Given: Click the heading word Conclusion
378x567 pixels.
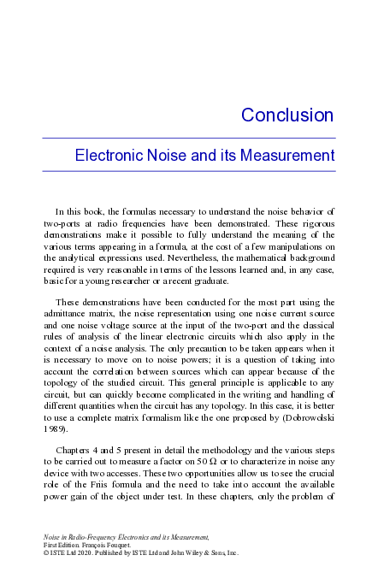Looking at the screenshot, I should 286,115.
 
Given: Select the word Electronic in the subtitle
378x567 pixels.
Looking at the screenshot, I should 108,157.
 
